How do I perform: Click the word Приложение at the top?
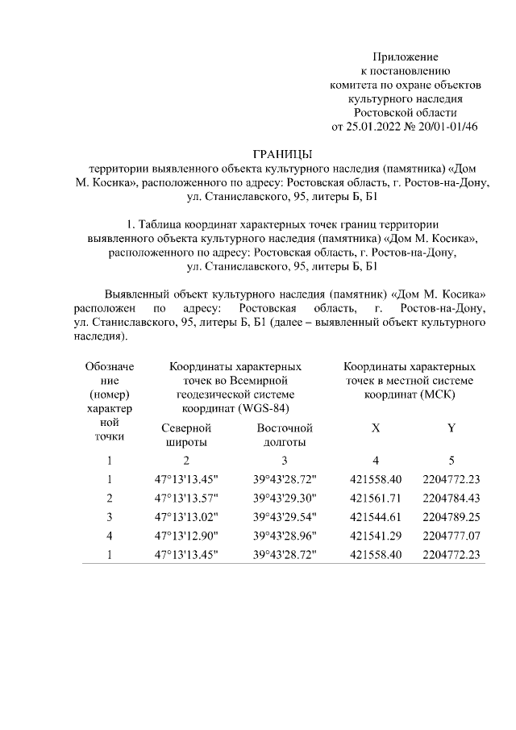point(405,57)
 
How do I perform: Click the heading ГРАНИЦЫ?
point(281,154)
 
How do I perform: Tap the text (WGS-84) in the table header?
point(263,407)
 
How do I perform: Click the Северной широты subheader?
point(186,435)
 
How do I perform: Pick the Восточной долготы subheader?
point(284,435)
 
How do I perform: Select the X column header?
point(375,428)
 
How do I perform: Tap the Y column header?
point(451,428)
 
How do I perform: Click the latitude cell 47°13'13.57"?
point(186,498)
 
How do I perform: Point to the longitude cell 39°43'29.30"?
point(285,498)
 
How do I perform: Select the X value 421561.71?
point(377,498)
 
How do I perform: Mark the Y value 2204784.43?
point(451,498)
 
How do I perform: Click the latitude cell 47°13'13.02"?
point(186,517)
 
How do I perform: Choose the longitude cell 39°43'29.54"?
point(285,517)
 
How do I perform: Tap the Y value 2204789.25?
point(451,517)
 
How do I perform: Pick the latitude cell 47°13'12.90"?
point(186,536)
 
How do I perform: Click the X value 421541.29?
point(377,536)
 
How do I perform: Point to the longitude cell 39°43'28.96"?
point(285,536)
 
